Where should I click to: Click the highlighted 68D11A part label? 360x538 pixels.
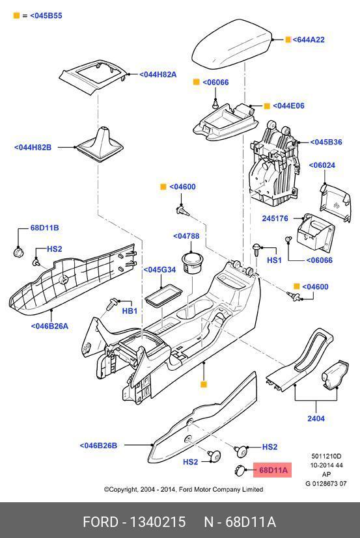[x=273, y=470]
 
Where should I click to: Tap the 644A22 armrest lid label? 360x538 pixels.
[x=309, y=40]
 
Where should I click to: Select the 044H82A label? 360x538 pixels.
[x=158, y=74]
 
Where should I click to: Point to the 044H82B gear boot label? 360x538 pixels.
[x=33, y=147]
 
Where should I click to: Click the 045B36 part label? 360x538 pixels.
[x=326, y=142]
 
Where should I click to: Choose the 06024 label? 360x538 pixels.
[x=322, y=165]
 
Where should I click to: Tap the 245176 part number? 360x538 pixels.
[x=275, y=218]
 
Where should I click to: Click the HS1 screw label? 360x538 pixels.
[x=274, y=260]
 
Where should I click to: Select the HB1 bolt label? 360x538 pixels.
[x=130, y=311]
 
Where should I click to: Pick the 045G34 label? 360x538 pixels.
[x=159, y=270]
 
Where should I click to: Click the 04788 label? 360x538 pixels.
[x=186, y=236]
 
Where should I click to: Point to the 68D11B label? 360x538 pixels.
[x=45, y=228]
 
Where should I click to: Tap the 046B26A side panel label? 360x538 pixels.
[x=50, y=326]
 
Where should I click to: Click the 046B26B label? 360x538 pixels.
[x=98, y=446]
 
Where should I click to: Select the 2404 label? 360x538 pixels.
[x=316, y=418]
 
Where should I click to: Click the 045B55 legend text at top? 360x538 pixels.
[x=46, y=16]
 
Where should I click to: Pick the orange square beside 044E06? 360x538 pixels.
[x=267, y=105]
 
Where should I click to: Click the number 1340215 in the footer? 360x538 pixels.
[x=158, y=522]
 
